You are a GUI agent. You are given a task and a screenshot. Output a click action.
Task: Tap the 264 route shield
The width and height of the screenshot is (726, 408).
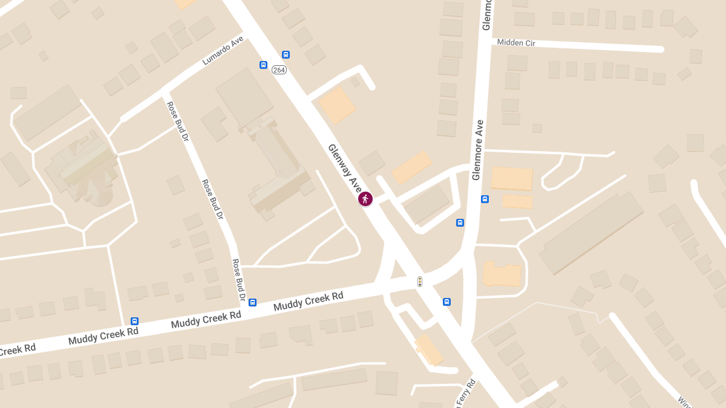[279, 70]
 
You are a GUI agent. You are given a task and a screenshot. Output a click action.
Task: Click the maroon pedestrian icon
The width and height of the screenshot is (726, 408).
[365, 198]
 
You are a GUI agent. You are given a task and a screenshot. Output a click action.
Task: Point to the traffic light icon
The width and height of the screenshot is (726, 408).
[419, 282]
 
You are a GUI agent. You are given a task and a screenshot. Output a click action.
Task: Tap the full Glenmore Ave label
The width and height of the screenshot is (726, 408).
[479, 149]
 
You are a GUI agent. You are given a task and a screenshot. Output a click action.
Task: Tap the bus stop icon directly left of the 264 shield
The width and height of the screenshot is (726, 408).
[264, 65]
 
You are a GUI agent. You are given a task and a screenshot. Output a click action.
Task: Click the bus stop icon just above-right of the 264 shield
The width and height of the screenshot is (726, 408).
[286, 54]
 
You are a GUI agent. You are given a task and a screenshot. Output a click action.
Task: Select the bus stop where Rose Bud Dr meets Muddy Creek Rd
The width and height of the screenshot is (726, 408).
[252, 302]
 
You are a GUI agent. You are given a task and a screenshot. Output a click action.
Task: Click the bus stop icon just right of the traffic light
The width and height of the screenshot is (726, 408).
[446, 302]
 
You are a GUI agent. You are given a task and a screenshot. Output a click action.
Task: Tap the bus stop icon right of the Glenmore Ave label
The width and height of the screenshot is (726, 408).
[485, 199]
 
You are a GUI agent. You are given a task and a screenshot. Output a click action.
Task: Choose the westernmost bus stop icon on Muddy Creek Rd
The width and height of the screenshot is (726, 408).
[134, 321]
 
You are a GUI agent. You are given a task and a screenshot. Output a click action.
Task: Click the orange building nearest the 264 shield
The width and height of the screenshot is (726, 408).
[337, 105]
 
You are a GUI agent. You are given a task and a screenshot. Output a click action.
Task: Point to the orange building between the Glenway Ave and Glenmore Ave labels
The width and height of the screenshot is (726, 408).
[411, 167]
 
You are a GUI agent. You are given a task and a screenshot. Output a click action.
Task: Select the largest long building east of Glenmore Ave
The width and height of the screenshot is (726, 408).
[590, 233]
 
